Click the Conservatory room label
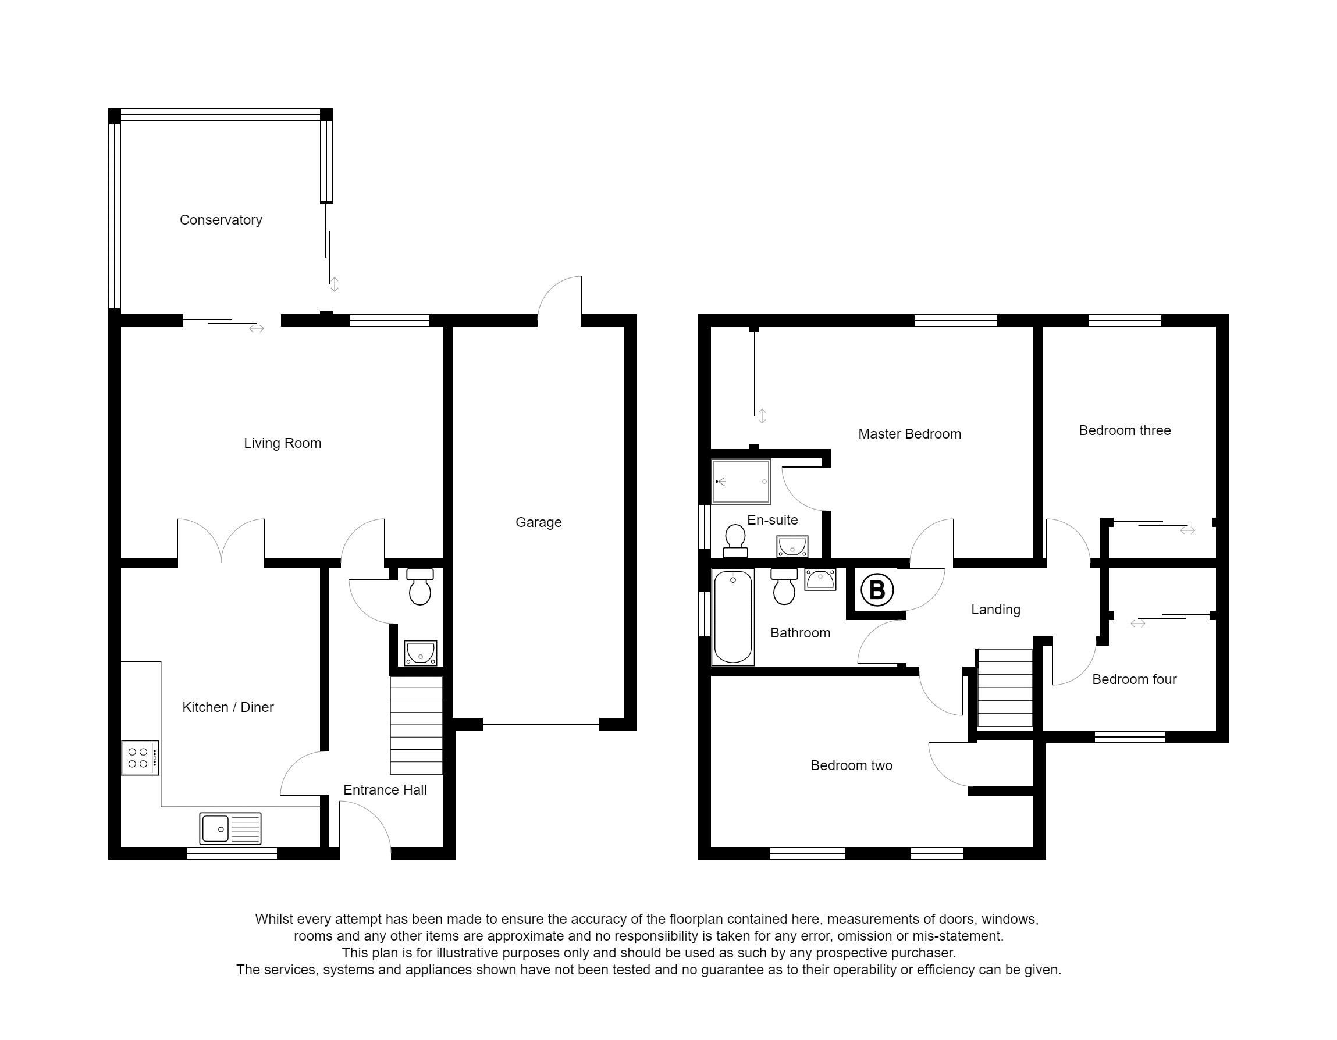[221, 220]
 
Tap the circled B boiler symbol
[877, 590]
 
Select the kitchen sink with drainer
[230, 828]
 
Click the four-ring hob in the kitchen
[140, 758]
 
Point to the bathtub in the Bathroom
[732, 617]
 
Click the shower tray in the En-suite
[741, 482]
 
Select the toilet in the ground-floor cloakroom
[420, 586]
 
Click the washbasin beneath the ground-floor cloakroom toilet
[421, 653]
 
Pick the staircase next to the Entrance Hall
[416, 725]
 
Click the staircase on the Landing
[1005, 688]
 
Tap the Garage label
[538, 522]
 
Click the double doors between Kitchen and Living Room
[221, 540]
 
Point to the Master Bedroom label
[909, 434]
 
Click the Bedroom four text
[1134, 679]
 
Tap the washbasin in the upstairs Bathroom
[820, 579]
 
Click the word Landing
[995, 610]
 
